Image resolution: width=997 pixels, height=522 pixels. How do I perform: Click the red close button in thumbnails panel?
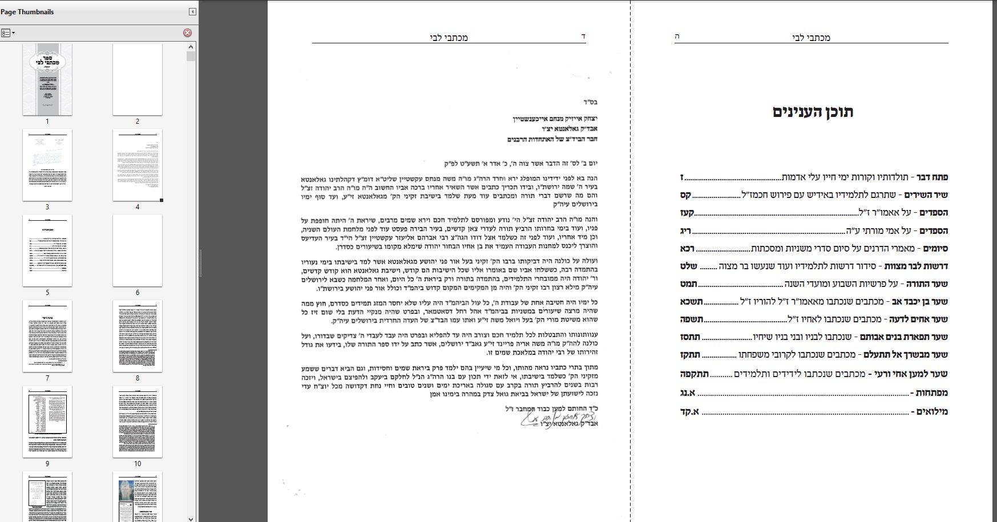(187, 33)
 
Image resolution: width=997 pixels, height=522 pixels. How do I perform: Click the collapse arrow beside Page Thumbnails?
(192, 12)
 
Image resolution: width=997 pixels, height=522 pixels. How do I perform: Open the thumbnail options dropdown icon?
(8, 33)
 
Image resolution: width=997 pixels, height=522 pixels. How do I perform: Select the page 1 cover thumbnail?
(47, 79)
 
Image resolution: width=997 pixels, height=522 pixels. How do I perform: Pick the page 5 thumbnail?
(47, 250)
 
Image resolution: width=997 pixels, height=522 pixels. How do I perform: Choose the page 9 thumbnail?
(47, 422)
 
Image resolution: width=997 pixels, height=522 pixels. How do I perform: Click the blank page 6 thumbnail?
(138, 250)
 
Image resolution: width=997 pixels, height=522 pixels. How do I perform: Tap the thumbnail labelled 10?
(138, 422)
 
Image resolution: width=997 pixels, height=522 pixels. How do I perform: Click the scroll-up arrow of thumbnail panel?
(191, 46)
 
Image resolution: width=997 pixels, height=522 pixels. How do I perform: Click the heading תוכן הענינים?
(813, 112)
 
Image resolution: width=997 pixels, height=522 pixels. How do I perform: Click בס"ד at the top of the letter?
(591, 103)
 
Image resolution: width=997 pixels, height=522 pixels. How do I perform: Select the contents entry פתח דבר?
(931, 177)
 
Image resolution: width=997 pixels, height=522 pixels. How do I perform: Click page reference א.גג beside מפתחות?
(688, 393)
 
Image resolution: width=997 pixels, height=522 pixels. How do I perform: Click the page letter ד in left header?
(583, 37)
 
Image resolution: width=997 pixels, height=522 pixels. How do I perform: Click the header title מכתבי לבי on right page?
(811, 38)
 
